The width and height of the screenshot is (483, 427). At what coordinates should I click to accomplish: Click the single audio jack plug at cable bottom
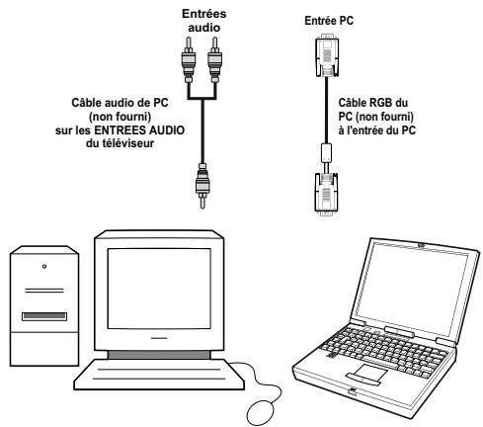pos(201,186)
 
